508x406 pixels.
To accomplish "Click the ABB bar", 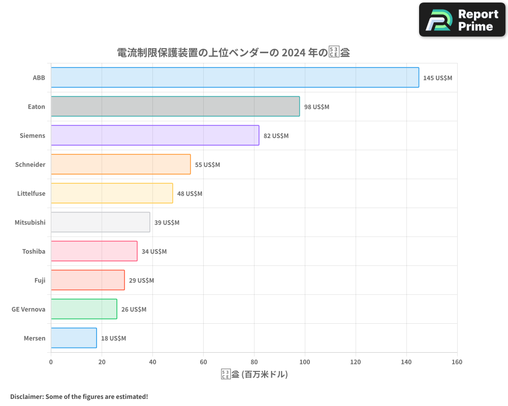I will click(x=235, y=78).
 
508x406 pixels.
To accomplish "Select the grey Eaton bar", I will click(x=175, y=107).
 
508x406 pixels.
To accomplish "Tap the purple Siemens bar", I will click(x=155, y=136).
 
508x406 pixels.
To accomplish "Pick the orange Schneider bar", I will click(x=120, y=164).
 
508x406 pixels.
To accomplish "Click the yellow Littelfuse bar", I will click(x=112, y=193).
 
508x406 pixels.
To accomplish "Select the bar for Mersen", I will click(x=74, y=338).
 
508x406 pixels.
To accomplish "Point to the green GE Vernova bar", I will click(x=84, y=309).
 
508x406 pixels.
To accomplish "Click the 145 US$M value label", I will click(x=437, y=78).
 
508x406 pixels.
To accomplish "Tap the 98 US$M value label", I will click(x=316, y=107).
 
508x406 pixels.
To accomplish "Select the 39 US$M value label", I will click(x=167, y=223).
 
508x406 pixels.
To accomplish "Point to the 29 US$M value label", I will click(x=141, y=281).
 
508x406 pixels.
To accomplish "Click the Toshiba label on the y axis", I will click(x=34, y=252).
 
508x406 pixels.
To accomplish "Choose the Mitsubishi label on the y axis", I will click(x=30, y=223).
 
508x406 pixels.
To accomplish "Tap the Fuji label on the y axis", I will click(x=40, y=281).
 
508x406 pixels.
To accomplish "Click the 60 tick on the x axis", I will click(x=203, y=362).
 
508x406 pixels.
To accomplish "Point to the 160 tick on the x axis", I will click(x=457, y=362).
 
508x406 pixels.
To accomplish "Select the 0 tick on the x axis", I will click(x=51, y=362).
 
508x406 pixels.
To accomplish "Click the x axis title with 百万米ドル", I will click(x=254, y=375).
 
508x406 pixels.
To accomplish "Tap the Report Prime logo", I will click(x=462, y=20).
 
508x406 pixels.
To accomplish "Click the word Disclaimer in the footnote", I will click(x=26, y=396).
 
